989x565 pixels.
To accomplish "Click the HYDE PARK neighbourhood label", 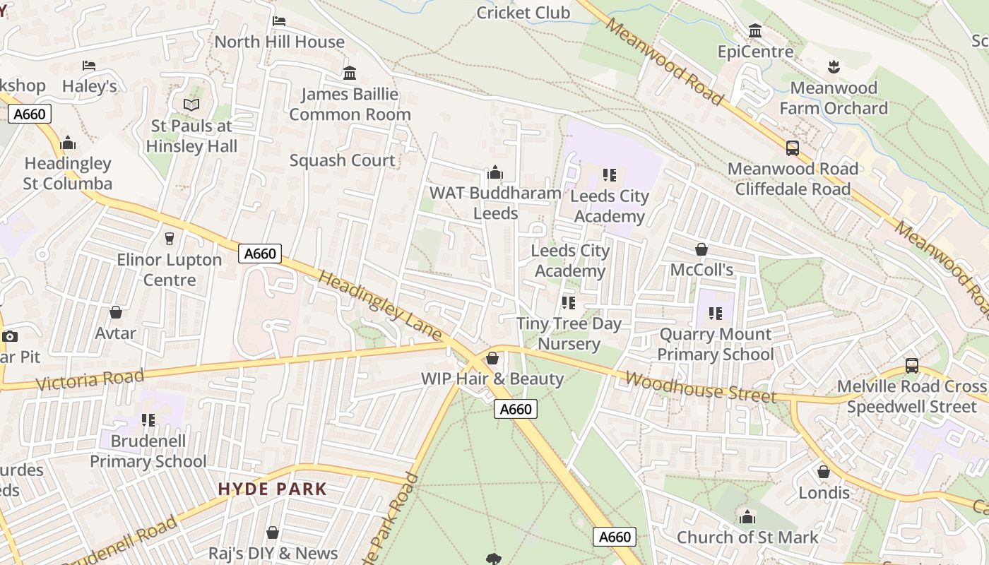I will [x=272, y=489].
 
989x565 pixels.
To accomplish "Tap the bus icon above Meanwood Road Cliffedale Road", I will [x=793, y=148].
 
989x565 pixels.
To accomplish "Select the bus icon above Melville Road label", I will [x=912, y=366].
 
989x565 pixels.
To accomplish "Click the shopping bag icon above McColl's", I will [x=701, y=249].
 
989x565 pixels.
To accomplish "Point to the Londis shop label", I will [x=824, y=492].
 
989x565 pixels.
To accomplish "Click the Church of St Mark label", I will [x=747, y=537].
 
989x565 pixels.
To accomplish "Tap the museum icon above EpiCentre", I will [x=755, y=31].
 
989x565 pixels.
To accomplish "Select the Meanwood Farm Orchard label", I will [x=834, y=98].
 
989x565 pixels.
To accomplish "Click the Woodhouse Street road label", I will [x=700, y=388].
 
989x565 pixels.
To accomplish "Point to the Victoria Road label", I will [x=89, y=379].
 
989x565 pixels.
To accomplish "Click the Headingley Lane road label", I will [x=379, y=306].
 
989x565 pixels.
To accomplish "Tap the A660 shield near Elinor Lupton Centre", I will [x=260, y=254].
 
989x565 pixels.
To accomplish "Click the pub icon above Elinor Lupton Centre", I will [x=169, y=239].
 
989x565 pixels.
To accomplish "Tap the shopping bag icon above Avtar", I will [x=116, y=312].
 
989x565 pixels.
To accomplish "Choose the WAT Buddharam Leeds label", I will [x=495, y=203].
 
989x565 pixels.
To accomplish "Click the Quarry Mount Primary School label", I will [x=715, y=344].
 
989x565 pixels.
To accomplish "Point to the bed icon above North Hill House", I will [x=279, y=21].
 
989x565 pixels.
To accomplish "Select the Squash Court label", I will [x=343, y=160].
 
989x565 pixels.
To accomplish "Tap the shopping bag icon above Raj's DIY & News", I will [x=273, y=533].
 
